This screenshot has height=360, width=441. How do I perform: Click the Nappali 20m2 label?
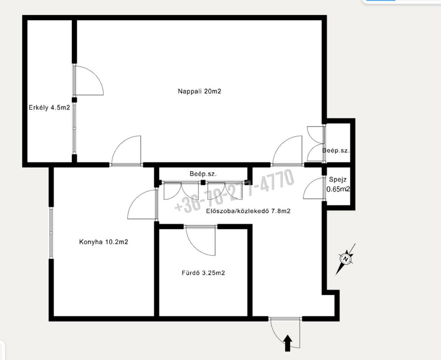click(x=199, y=91)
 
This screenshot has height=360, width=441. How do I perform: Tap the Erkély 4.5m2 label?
click(x=49, y=107)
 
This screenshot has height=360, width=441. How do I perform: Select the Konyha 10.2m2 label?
click(x=103, y=242)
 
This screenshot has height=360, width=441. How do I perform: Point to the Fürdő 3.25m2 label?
click(x=203, y=273)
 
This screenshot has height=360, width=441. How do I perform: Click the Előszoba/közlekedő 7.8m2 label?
click(x=248, y=211)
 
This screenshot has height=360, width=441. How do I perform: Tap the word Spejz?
click(x=338, y=180)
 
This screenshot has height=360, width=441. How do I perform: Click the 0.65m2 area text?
click(x=338, y=189)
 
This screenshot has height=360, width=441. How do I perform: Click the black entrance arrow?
click(x=288, y=343)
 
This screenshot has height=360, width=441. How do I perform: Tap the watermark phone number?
click(x=234, y=190)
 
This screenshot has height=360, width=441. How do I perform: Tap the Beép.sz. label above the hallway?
click(x=203, y=174)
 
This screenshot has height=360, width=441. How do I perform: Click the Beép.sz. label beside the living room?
click(x=336, y=150)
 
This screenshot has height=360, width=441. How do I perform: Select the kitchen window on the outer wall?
click(x=51, y=233)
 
